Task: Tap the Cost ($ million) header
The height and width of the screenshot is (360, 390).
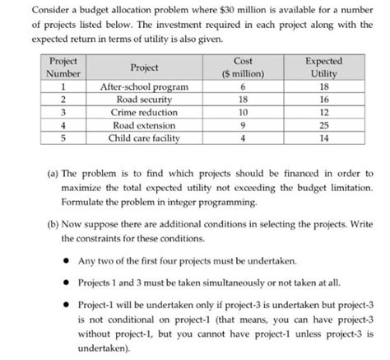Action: (x=243, y=68)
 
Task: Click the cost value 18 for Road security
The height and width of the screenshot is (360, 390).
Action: (x=243, y=97)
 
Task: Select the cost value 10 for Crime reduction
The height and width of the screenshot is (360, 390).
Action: (x=243, y=110)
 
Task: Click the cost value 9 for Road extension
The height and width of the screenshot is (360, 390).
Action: (x=243, y=124)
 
